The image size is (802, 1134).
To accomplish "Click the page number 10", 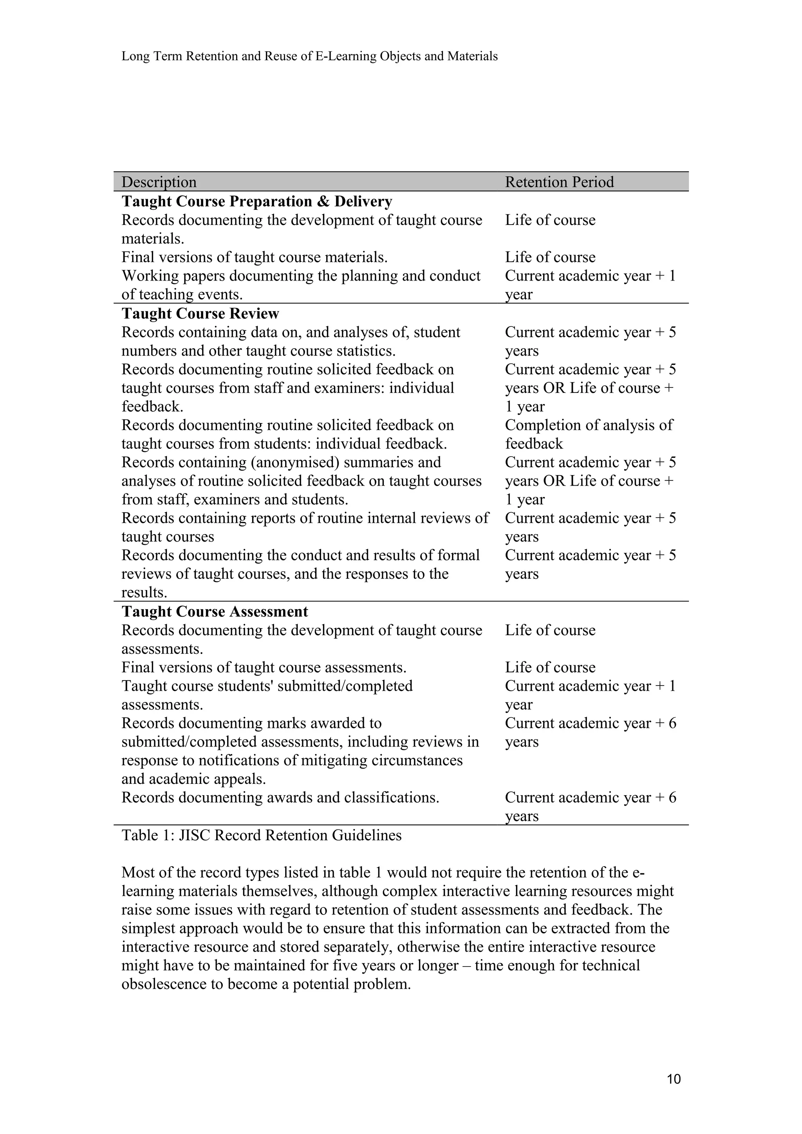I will tap(674, 1079).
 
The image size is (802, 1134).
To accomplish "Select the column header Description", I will tap(159, 182).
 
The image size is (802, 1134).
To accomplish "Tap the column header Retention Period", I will tap(559, 182).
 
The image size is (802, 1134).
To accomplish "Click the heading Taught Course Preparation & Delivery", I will tap(257, 202).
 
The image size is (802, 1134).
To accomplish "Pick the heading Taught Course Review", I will tap(200, 313).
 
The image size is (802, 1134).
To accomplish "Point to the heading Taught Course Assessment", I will tap(215, 612).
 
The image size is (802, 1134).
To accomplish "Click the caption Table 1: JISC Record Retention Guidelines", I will tap(262, 835).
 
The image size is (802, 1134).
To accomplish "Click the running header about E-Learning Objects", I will tap(309, 56).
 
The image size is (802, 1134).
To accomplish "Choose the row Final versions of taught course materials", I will tap(255, 257).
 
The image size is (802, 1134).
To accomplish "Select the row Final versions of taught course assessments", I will tap(264, 668).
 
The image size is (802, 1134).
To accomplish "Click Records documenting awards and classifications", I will tap(280, 797).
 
